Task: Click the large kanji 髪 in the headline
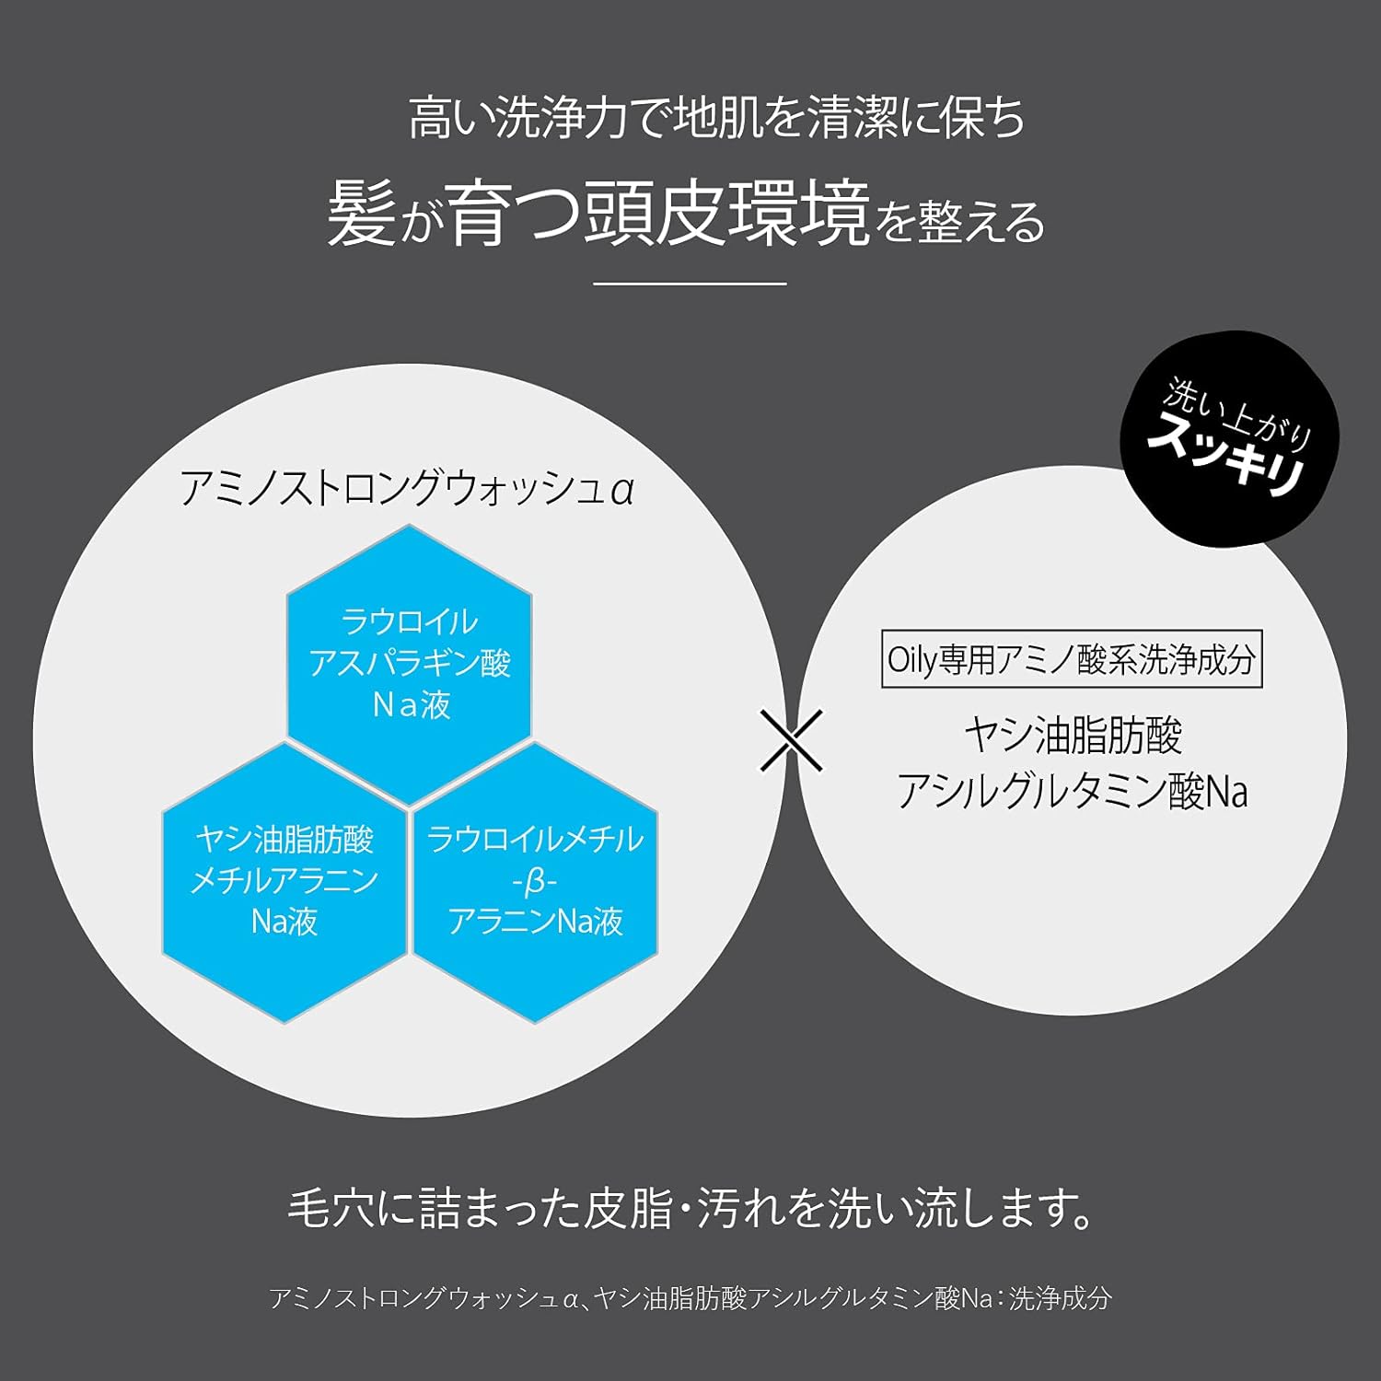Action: click(362, 215)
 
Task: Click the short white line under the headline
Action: click(690, 284)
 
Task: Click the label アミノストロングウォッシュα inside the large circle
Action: click(407, 489)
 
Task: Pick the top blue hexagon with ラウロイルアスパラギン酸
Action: click(410, 663)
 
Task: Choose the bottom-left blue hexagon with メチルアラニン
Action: click(284, 881)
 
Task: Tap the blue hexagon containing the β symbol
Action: click(535, 881)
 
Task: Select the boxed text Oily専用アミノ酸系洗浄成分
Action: click(1072, 659)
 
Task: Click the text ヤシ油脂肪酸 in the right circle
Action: click(1073, 736)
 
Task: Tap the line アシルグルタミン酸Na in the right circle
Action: click(1073, 792)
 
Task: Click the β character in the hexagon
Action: click(535, 882)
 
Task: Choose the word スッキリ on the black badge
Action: click(1226, 456)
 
